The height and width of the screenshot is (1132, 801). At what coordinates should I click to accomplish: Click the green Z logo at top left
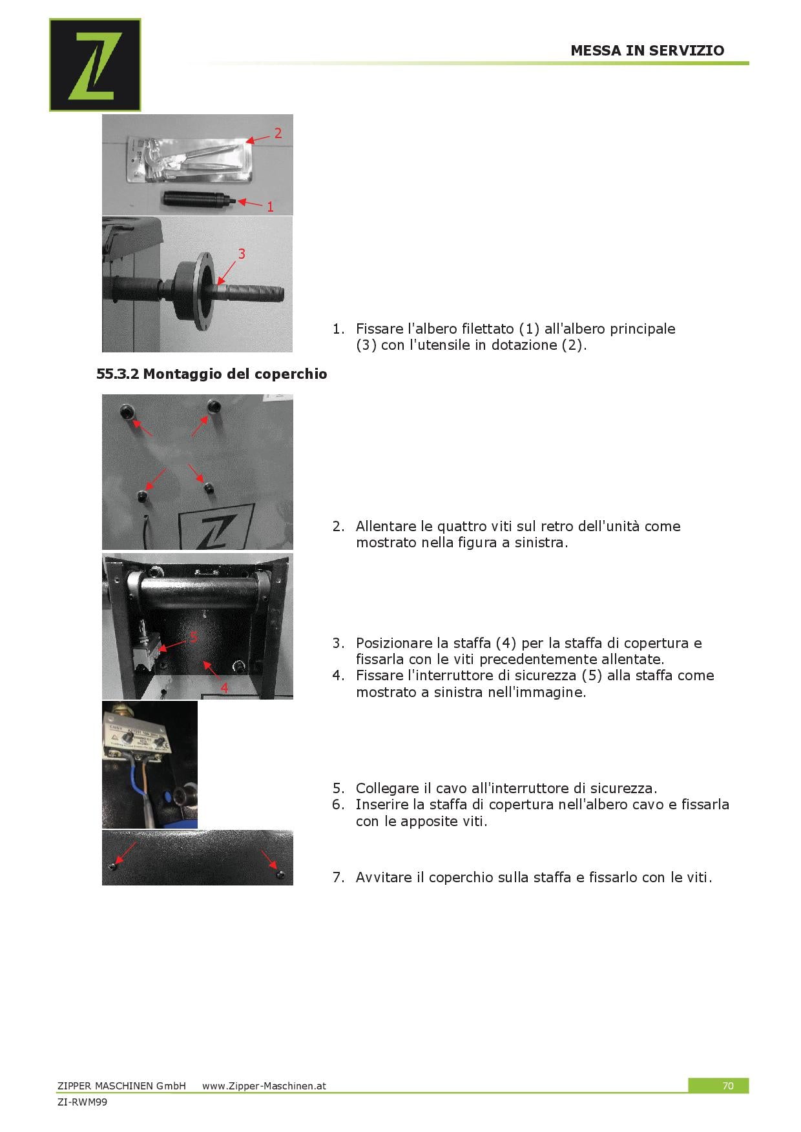tap(95, 65)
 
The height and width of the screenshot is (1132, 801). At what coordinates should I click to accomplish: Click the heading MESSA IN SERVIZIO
tap(647, 50)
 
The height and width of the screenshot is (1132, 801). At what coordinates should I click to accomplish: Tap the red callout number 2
tap(278, 133)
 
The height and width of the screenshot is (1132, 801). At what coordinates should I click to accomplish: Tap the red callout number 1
tap(270, 207)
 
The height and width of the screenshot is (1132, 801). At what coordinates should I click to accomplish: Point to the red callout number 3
tap(242, 254)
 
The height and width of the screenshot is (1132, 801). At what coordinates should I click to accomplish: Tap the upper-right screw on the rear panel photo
tap(213, 405)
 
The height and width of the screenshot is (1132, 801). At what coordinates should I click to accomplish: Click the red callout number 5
tap(192, 637)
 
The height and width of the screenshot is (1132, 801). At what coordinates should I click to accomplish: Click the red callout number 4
tap(224, 688)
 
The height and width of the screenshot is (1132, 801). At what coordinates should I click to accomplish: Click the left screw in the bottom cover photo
tap(113, 865)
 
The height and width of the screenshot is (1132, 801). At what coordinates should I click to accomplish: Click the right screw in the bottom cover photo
tap(280, 874)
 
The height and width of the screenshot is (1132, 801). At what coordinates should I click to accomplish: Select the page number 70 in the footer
tap(728, 1086)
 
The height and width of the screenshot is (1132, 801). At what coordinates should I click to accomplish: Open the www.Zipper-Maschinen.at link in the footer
tap(264, 1086)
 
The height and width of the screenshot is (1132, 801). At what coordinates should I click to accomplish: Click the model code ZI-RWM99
tap(82, 1102)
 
